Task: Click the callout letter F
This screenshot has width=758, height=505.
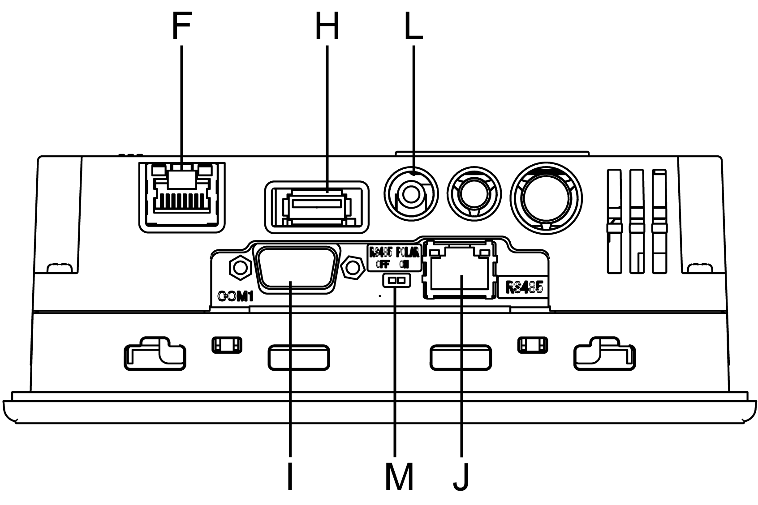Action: coord(181,26)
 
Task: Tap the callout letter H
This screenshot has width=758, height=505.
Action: coord(327,26)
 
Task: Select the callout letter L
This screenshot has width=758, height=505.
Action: coord(413,26)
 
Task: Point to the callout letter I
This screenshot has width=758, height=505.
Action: coord(290,476)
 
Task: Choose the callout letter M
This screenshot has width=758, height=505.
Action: coord(399,476)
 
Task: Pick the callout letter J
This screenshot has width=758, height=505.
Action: coord(461,476)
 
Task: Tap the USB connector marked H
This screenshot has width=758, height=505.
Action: coord(317,207)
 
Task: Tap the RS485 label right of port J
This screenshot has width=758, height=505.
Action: coord(524,287)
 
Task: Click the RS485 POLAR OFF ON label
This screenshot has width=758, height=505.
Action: coord(394,257)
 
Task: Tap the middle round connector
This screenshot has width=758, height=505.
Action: coord(475,195)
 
